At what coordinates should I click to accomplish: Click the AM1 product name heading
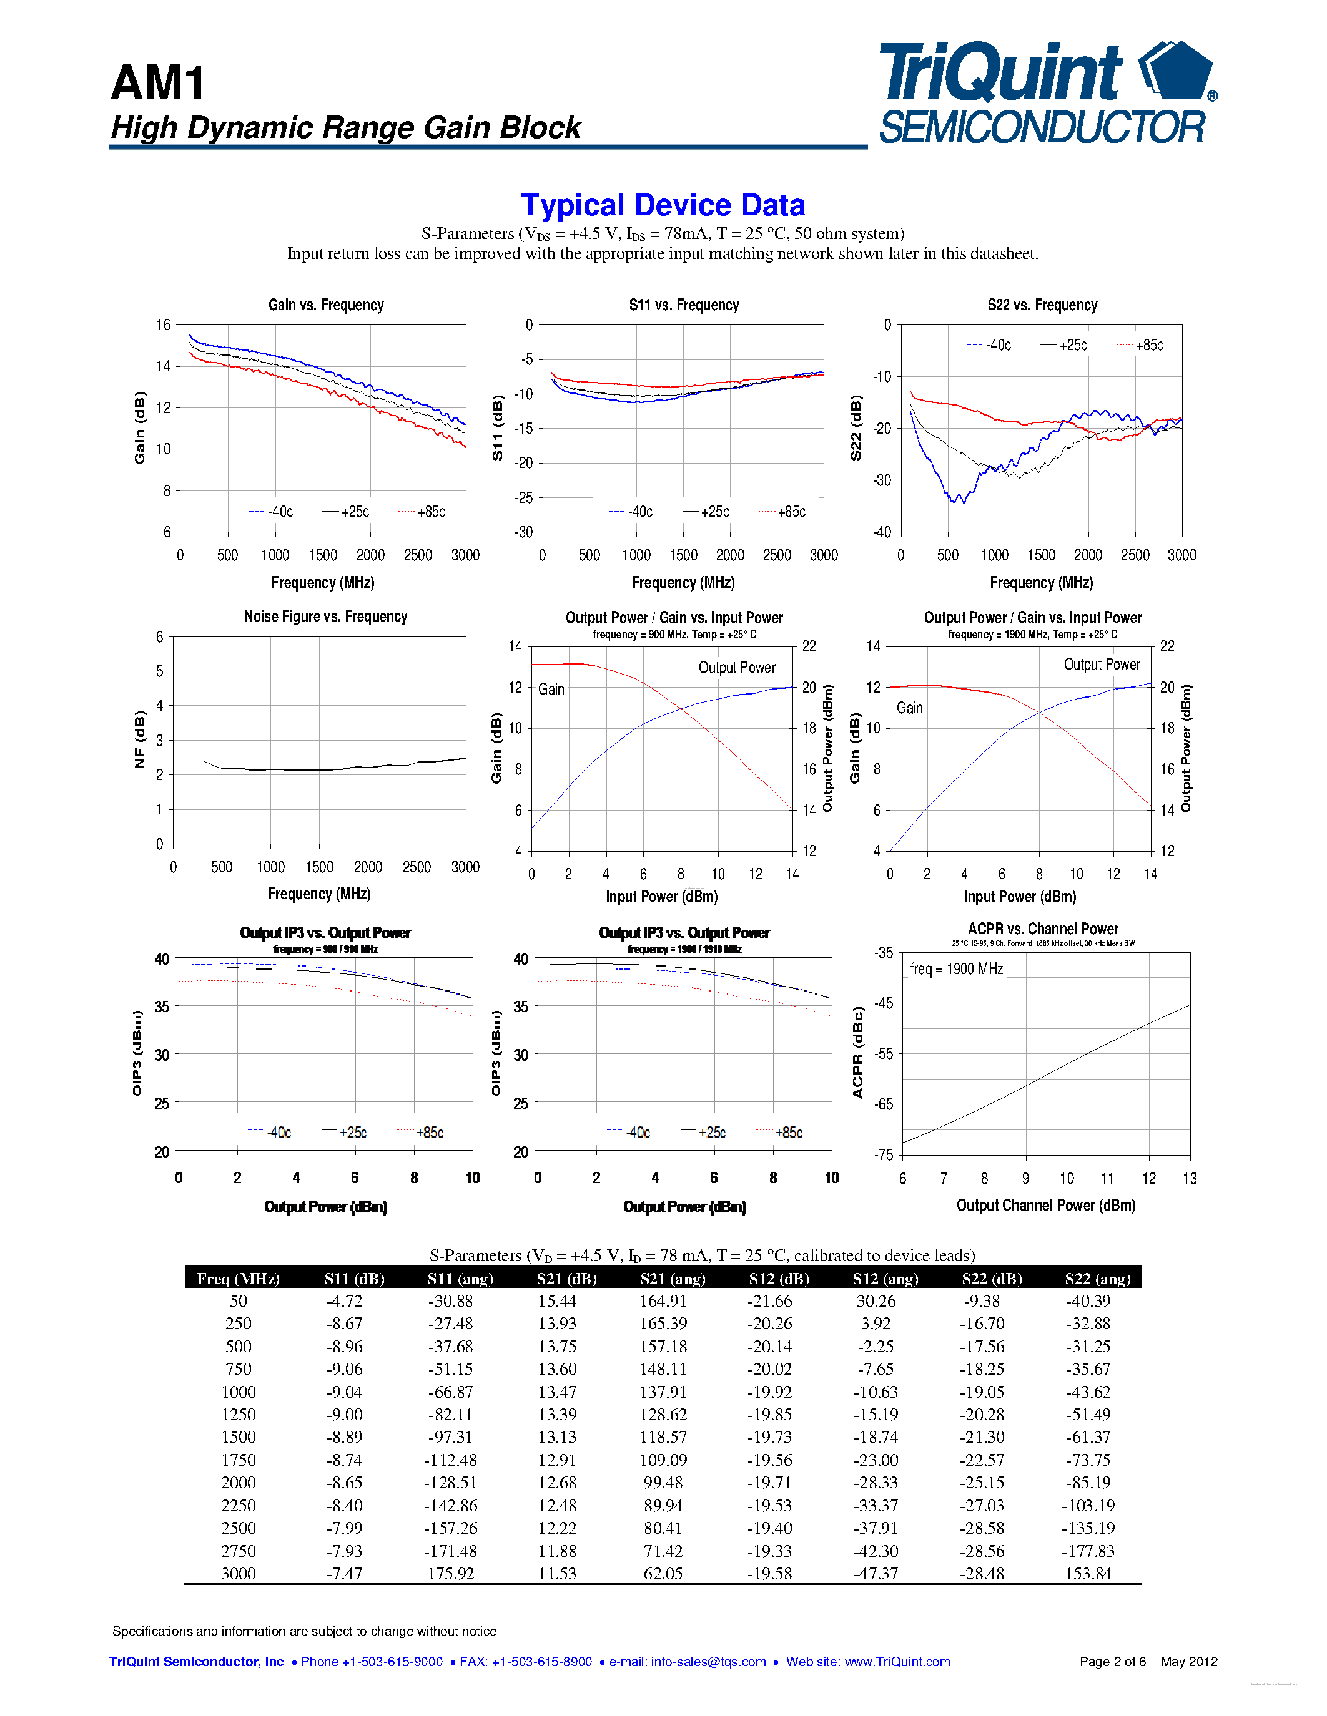tap(158, 83)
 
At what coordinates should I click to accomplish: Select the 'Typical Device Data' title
tap(663, 205)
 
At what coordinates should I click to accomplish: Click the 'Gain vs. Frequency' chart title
tap(325, 305)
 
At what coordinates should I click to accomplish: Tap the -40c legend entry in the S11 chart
tap(631, 512)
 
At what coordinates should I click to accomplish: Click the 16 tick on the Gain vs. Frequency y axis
tap(163, 325)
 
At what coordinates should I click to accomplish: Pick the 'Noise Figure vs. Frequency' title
tap(325, 616)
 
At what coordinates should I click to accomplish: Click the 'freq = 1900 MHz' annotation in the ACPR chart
tap(956, 969)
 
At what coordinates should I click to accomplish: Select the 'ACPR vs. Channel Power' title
tap(1042, 929)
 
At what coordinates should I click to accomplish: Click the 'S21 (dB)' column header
tap(567, 1279)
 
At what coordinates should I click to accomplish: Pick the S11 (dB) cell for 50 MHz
tap(344, 1301)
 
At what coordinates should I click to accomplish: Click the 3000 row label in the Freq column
tap(238, 1573)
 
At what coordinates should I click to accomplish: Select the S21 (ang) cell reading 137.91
tap(663, 1392)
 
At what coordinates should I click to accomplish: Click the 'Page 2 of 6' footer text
tap(1112, 1661)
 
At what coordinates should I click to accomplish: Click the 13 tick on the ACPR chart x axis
tap(1190, 1177)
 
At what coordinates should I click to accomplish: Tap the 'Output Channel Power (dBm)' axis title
tap(1045, 1206)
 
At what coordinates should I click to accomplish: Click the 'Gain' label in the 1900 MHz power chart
tap(910, 708)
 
